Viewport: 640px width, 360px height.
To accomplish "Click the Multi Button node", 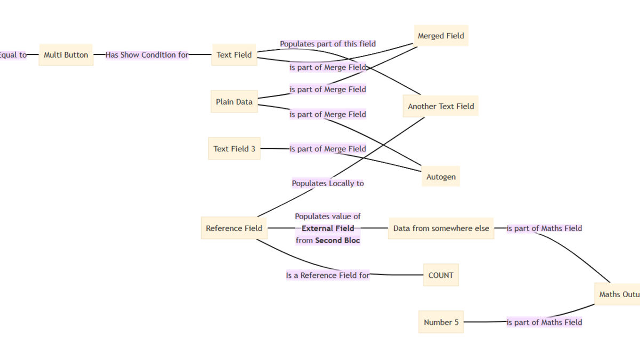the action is pyautogui.click(x=66, y=55).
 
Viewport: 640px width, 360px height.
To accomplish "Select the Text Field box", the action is pyautogui.click(x=234, y=55).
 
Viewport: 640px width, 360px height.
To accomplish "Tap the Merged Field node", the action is pyautogui.click(x=441, y=36).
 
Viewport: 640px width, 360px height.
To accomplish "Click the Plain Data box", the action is pyautogui.click(x=234, y=102).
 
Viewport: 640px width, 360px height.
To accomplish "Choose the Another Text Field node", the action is pyautogui.click(x=441, y=106).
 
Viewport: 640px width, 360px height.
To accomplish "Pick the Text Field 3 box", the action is pyautogui.click(x=234, y=149).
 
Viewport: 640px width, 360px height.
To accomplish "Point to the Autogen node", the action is pyautogui.click(x=441, y=177).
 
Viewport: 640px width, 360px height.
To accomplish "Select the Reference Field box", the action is pyautogui.click(x=234, y=228).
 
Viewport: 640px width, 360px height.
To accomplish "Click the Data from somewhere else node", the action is pyautogui.click(x=441, y=228).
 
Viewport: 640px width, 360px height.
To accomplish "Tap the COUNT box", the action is pyautogui.click(x=441, y=275).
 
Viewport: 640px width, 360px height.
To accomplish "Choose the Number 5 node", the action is pyautogui.click(x=441, y=322).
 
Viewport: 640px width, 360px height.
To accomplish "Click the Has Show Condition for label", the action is pyautogui.click(x=147, y=55).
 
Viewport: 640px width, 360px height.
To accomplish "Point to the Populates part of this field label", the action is pyautogui.click(x=327, y=44).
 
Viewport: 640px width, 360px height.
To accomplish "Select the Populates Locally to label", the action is pyautogui.click(x=327, y=183).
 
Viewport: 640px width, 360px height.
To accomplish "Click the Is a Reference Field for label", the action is pyautogui.click(x=327, y=275).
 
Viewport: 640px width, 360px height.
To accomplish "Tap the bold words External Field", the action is pyautogui.click(x=327, y=228).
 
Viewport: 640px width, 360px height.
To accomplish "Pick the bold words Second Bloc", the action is pyautogui.click(x=338, y=241).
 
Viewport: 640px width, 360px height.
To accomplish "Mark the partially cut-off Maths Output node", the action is pyautogui.click(x=617, y=294).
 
